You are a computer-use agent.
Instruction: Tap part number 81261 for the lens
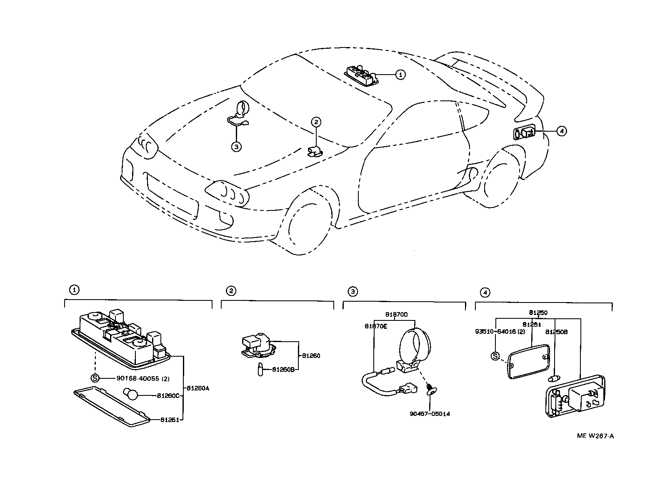click(170, 420)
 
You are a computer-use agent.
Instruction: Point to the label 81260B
click(283, 369)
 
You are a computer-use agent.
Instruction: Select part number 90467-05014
click(430, 414)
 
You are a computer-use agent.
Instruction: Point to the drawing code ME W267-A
click(595, 436)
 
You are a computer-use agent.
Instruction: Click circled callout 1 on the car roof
click(400, 75)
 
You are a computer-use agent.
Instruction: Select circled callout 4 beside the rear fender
click(561, 131)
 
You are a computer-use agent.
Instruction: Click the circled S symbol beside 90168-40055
click(95, 378)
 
